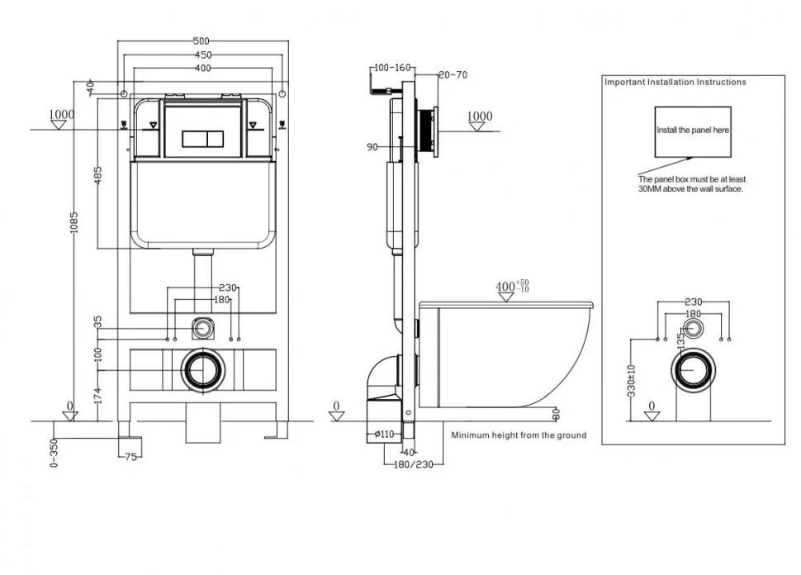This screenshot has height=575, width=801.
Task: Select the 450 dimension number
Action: tap(201, 55)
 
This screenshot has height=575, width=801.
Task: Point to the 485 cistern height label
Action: tap(98, 175)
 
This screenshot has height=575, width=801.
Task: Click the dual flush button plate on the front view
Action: tap(203, 136)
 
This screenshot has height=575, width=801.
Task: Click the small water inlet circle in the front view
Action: tap(201, 327)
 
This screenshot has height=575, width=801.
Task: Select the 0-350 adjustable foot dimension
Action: tap(55, 453)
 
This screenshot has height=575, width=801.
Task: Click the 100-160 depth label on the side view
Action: tap(391, 67)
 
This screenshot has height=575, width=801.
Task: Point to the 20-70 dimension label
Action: tap(453, 74)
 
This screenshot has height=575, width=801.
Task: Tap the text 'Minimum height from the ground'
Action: tap(519, 435)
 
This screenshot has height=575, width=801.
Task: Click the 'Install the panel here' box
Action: tap(692, 131)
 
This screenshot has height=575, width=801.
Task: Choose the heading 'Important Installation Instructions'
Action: tap(675, 82)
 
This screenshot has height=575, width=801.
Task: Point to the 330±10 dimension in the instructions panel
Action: tap(632, 379)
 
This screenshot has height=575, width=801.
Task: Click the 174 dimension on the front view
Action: tap(98, 396)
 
